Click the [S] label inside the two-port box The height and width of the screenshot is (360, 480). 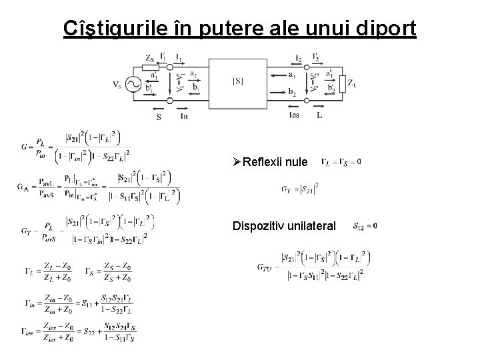pos(238,81)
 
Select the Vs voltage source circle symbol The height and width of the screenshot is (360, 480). pos(131,85)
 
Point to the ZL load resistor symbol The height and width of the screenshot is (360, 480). pos(342,83)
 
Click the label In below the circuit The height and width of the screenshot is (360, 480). pos(184,115)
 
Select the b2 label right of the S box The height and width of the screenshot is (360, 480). pos(293,94)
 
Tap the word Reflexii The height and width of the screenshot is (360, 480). pos(266,162)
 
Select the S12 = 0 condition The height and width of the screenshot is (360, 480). pos(365,225)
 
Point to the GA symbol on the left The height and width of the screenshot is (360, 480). pos(23,187)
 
